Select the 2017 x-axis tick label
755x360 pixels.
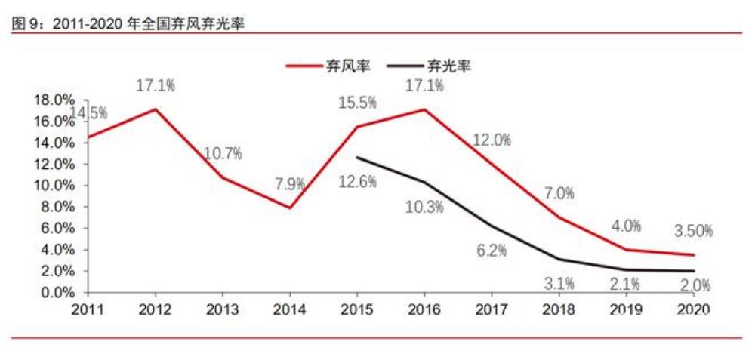point(492,309)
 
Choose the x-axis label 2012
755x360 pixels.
point(156,309)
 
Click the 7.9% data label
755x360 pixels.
point(290,183)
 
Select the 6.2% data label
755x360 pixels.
point(492,251)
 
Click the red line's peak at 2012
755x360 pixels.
point(156,109)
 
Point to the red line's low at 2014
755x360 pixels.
point(290,208)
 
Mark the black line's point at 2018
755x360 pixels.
point(559,259)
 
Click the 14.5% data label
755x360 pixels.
point(88,113)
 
